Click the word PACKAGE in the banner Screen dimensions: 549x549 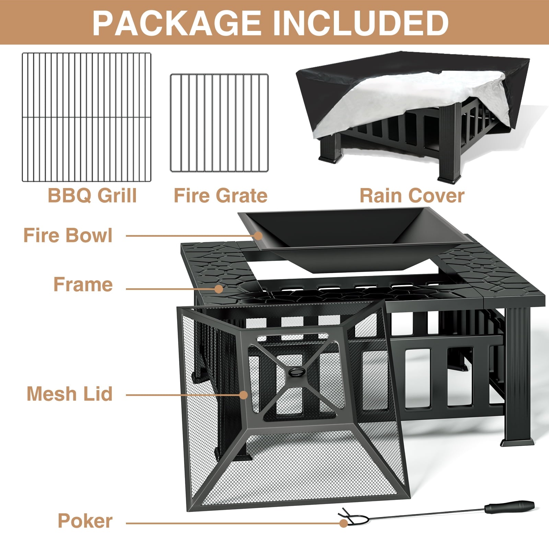177,23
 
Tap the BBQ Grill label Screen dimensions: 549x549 92,196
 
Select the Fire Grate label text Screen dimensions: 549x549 221,196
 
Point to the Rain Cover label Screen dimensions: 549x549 412,196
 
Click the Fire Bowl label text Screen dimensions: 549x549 68,236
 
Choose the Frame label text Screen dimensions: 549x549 83,284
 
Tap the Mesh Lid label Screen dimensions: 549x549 70,394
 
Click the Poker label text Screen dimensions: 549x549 85,521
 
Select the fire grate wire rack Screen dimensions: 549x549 219,123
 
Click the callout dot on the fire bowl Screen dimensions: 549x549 258,236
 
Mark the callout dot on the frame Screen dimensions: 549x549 219,289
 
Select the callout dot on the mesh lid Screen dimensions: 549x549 243,395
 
